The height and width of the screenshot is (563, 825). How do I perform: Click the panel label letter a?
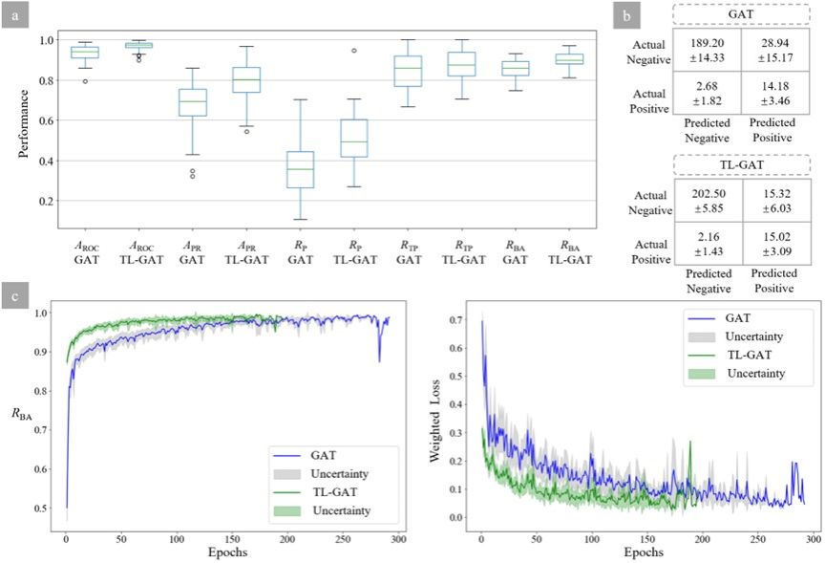pyautogui.click(x=16, y=17)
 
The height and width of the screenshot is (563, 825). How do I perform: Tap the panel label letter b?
pyautogui.click(x=626, y=17)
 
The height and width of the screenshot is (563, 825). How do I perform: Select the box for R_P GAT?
pyautogui.click(x=302, y=169)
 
